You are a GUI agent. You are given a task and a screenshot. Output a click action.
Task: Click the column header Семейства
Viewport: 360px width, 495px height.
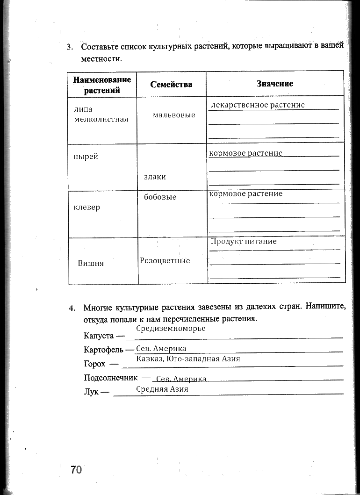click(x=171, y=85)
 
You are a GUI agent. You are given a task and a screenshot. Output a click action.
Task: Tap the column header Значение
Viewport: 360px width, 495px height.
click(x=275, y=84)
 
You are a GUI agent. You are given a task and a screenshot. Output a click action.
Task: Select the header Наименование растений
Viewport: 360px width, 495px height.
click(x=102, y=85)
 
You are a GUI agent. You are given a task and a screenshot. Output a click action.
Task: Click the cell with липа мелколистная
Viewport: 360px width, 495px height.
click(x=101, y=114)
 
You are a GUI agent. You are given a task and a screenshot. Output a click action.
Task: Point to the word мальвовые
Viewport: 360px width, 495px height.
click(x=174, y=115)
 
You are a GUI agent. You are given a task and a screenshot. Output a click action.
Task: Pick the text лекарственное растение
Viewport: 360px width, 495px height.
click(x=258, y=105)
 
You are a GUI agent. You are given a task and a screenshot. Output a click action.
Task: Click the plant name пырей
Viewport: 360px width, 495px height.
click(x=86, y=157)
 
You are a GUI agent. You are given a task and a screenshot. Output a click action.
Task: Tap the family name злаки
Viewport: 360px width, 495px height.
click(x=155, y=177)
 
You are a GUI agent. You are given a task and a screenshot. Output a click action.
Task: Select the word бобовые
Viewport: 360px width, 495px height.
click(x=160, y=197)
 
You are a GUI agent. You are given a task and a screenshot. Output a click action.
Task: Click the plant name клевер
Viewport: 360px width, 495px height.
click(x=87, y=207)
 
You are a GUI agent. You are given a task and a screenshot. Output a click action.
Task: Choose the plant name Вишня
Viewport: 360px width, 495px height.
click(x=91, y=263)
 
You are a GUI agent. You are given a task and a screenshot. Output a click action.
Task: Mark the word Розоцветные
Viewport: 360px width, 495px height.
click(x=165, y=261)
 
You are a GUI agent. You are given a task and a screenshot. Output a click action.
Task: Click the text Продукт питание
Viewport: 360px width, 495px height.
click(x=244, y=242)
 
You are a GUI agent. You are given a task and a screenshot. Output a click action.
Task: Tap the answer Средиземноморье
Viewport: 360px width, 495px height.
click(x=171, y=329)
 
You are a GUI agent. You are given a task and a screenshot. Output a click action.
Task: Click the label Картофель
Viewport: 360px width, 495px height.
click(x=103, y=350)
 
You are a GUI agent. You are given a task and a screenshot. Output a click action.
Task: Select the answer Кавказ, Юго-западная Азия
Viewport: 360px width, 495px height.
click(x=188, y=359)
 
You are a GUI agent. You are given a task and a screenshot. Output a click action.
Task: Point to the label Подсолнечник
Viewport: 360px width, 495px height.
click(x=110, y=377)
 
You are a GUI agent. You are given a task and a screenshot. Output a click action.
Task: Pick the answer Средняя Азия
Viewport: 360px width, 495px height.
click(x=162, y=389)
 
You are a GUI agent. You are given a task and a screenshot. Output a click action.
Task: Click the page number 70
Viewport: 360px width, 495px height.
click(x=76, y=469)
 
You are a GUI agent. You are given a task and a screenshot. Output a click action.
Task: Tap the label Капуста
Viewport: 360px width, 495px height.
click(x=99, y=336)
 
